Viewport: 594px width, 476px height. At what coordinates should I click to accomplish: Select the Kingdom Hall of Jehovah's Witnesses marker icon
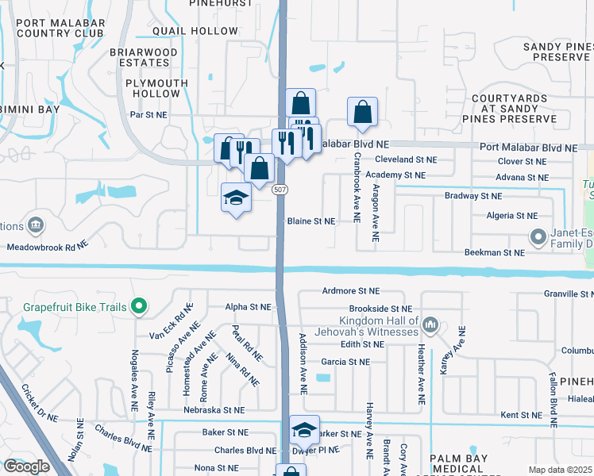tap(430, 324)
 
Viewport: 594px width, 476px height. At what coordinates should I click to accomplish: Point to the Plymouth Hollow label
tap(157, 88)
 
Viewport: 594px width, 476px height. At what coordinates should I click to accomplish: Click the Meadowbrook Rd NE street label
tap(50, 247)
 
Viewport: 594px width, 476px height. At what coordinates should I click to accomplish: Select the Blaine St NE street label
tap(311, 221)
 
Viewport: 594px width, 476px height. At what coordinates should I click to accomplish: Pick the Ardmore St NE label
tap(352, 291)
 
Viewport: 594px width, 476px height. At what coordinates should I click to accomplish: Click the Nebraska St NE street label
tap(212, 410)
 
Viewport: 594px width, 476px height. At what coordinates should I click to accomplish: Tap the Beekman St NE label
tap(495, 252)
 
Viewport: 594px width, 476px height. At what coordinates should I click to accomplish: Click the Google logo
tap(26, 466)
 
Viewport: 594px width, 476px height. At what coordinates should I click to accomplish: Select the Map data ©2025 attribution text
tap(560, 470)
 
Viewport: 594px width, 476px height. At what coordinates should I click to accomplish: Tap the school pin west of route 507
tap(236, 197)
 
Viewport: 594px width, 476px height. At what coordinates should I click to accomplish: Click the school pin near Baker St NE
tap(304, 430)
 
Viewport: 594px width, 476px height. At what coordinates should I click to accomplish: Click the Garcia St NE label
tap(345, 362)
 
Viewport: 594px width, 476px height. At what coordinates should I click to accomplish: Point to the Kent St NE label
tap(521, 415)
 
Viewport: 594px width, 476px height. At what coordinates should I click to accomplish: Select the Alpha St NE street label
tap(249, 307)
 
